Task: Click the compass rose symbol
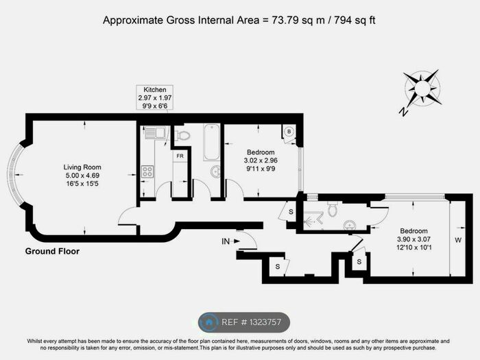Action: click(422, 90)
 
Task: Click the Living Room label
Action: click(82, 167)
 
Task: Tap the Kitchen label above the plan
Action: click(155, 91)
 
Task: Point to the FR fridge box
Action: click(180, 156)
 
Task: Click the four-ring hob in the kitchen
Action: click(147, 171)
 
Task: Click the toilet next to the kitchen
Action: click(182, 135)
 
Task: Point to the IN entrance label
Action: click(226, 241)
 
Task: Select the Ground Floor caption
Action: click(52, 252)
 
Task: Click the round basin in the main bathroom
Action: click(214, 171)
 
